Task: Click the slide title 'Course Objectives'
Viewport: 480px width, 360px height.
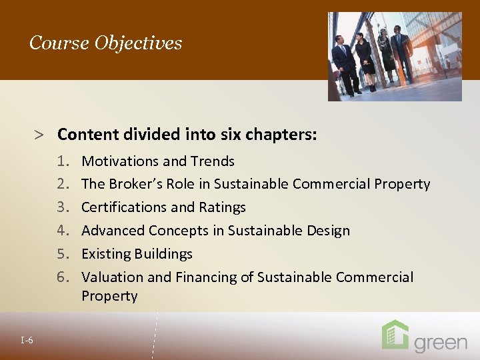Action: tap(105, 43)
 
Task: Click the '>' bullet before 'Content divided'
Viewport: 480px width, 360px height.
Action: tap(40, 135)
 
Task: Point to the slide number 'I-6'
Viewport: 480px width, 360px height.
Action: tap(27, 341)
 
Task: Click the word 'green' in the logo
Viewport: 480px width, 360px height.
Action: tap(441, 343)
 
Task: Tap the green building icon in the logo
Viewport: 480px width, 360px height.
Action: tap(395, 335)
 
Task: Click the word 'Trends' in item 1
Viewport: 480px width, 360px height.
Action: tap(213, 161)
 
